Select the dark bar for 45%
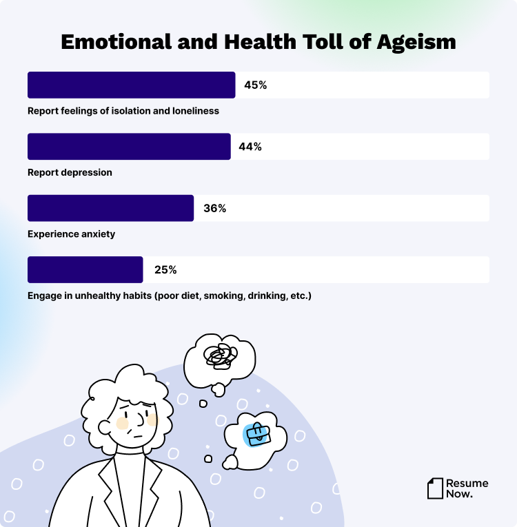tap(131, 85)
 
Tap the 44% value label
tap(250, 147)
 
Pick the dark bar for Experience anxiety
tap(110, 208)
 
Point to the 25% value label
tap(165, 270)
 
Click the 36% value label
tap(214, 208)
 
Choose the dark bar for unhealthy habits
tap(85, 270)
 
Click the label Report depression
tap(70, 172)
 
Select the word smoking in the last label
tap(223, 296)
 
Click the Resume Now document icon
tap(435, 488)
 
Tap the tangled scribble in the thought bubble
tap(220, 356)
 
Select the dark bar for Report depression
tap(129, 147)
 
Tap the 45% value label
tap(255, 85)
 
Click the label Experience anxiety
tap(71, 234)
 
